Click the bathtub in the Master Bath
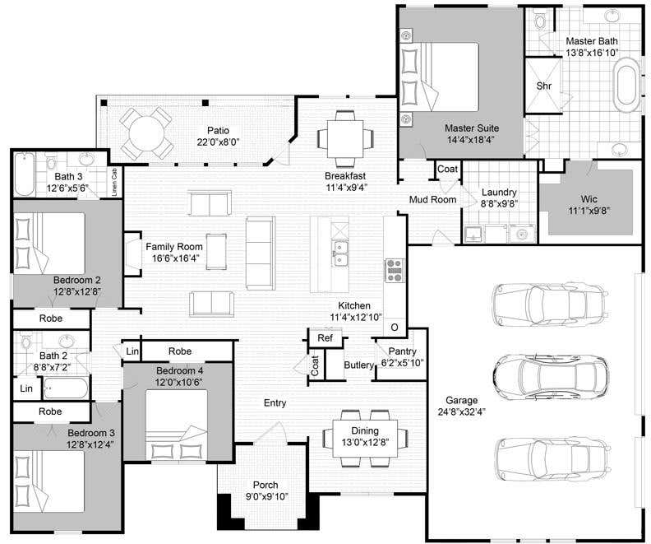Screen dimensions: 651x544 (627, 85)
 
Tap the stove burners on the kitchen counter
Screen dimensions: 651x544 (394, 270)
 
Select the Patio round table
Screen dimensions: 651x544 (146, 134)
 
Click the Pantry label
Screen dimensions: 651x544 (402, 351)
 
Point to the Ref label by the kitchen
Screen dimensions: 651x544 (325, 338)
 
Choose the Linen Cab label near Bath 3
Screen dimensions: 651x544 (114, 182)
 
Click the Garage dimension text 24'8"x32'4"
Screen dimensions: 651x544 (462, 411)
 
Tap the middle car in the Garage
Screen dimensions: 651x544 (551, 374)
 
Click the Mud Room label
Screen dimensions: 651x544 (432, 199)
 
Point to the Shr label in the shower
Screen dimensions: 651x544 (544, 86)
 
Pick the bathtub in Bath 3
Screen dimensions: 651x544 (25, 174)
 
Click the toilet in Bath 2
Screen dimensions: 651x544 (26, 342)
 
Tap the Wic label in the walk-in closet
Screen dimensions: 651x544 (589, 199)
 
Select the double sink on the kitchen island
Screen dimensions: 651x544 (340, 254)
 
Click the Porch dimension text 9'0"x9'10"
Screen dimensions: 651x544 (265, 496)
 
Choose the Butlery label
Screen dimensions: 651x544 (358, 365)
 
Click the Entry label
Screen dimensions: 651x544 (275, 402)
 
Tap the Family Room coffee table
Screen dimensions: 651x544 (217, 252)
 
